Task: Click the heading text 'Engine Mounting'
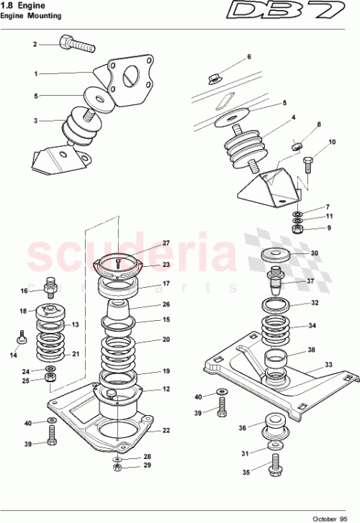pyautogui.click(x=30, y=15)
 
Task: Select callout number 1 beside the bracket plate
pyautogui.click(x=35, y=73)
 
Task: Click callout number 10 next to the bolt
pyautogui.click(x=332, y=142)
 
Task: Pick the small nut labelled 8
pyautogui.click(x=296, y=147)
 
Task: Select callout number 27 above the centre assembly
pyautogui.click(x=166, y=243)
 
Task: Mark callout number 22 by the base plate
pyautogui.click(x=166, y=431)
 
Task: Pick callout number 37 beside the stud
pyautogui.click(x=310, y=281)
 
